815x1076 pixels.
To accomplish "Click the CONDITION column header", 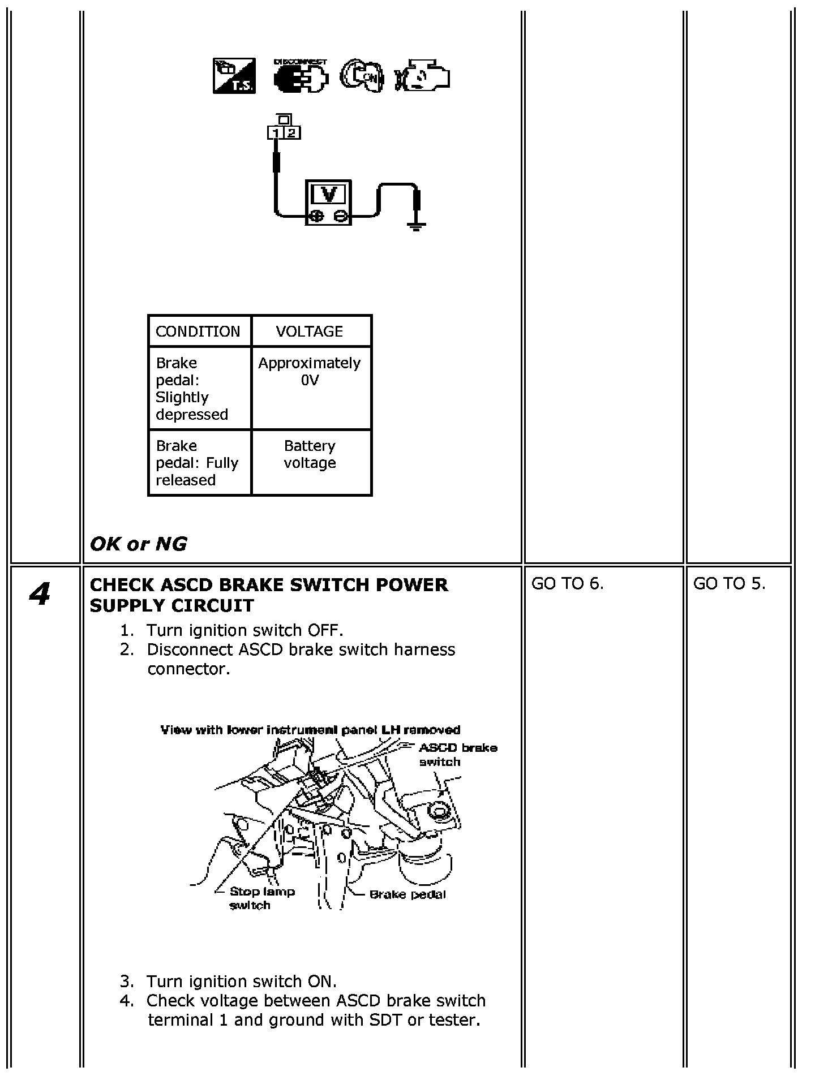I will click(x=198, y=332).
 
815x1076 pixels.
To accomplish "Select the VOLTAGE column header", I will click(x=310, y=332).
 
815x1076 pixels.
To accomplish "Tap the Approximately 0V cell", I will click(x=310, y=372).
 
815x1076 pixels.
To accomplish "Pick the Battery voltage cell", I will click(x=310, y=455).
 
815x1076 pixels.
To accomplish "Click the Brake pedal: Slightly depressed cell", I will click(x=192, y=389).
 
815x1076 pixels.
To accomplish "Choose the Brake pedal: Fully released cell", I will click(x=197, y=463).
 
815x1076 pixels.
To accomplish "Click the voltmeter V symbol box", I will click(x=329, y=195).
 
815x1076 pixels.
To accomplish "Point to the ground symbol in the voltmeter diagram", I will click(x=417, y=227).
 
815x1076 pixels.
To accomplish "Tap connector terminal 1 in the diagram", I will click(x=276, y=134).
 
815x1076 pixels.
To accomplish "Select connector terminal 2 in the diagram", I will click(x=291, y=134).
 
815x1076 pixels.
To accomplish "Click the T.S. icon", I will click(x=234, y=76).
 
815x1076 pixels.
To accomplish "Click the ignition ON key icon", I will click(x=362, y=76).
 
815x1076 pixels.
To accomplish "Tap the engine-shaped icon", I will click(x=422, y=76).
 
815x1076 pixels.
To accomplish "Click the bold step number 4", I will click(x=40, y=595).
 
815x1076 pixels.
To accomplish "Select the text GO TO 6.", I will click(x=568, y=584).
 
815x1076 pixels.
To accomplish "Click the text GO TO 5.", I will click(x=729, y=584).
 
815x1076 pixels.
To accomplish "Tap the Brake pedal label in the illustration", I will click(x=407, y=895).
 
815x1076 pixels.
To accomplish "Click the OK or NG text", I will click(x=139, y=544).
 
